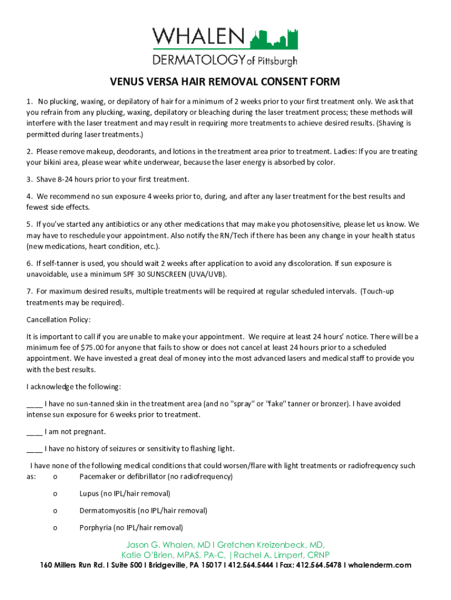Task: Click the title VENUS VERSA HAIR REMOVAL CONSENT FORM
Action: click(225, 81)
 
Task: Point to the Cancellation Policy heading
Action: click(59, 320)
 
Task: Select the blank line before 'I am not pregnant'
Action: click(34, 432)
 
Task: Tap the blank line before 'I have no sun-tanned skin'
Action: click(34, 404)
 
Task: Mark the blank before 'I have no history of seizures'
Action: click(34, 449)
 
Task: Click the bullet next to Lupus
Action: click(55, 494)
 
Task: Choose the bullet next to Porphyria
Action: click(55, 527)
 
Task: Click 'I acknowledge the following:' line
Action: click(74, 387)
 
